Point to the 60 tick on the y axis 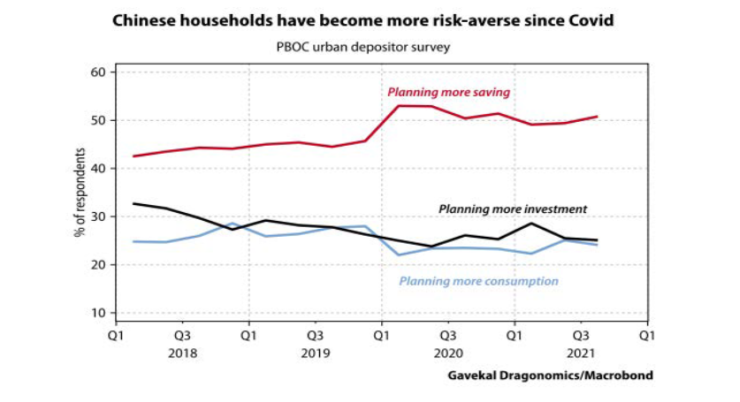tap(99, 72)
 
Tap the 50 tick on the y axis tap(99, 120)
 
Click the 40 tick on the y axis tap(99, 169)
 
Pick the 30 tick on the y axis tap(99, 216)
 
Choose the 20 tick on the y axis tap(99, 265)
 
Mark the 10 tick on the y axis tap(99, 313)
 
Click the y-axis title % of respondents tap(80, 193)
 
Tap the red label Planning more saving tap(448, 92)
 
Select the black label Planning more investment tap(513, 209)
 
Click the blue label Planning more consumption tap(478, 282)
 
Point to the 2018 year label tap(182, 352)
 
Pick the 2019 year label tap(315, 352)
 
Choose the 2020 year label tap(447, 352)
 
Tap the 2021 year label tap(581, 352)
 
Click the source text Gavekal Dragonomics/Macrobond tap(550, 375)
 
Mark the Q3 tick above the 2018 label tap(182, 336)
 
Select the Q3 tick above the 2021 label tap(581, 336)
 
